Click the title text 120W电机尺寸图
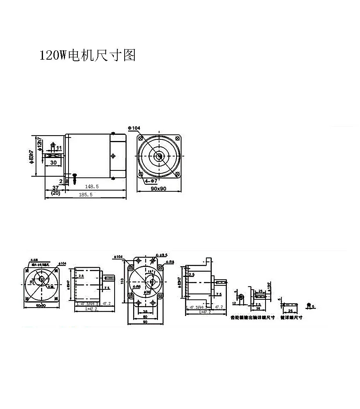[x=87, y=55]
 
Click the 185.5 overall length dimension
[x=86, y=195]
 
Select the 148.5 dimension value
[x=92, y=186]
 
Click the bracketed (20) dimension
[x=55, y=192]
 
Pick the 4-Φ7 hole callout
[x=151, y=181]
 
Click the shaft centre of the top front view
[x=159, y=156]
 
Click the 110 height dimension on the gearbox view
[x=122, y=281]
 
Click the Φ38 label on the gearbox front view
[x=147, y=291]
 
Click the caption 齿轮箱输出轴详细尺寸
[x=252, y=318]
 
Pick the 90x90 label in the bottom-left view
[x=41, y=306]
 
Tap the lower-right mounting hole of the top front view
[x=177, y=175]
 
